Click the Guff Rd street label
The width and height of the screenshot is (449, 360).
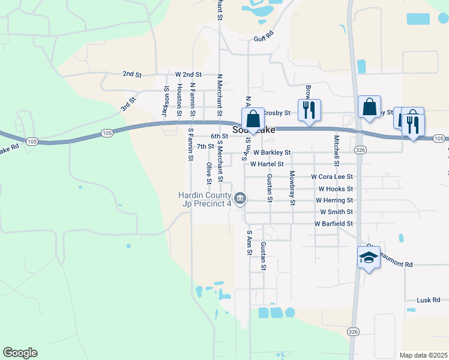[x=264, y=37]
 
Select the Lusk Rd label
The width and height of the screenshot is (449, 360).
[x=429, y=300]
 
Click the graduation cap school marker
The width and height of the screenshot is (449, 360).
[x=369, y=259]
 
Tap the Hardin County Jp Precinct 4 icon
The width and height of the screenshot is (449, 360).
[x=240, y=197]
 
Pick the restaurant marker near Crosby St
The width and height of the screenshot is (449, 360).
[x=309, y=110]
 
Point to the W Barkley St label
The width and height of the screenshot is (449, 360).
[x=272, y=153]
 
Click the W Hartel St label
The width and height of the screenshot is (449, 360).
[x=267, y=163]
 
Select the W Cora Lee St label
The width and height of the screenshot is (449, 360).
[x=332, y=177]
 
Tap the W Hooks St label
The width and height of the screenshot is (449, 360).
[x=334, y=189]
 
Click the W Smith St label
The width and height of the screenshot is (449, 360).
[x=337, y=212]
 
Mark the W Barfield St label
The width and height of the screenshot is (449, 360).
[x=334, y=224]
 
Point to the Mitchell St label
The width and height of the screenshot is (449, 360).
[x=337, y=151]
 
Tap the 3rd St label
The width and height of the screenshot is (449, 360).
[x=128, y=103]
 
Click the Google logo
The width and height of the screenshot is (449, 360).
[x=20, y=353]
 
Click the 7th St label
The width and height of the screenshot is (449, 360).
[x=205, y=146]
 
